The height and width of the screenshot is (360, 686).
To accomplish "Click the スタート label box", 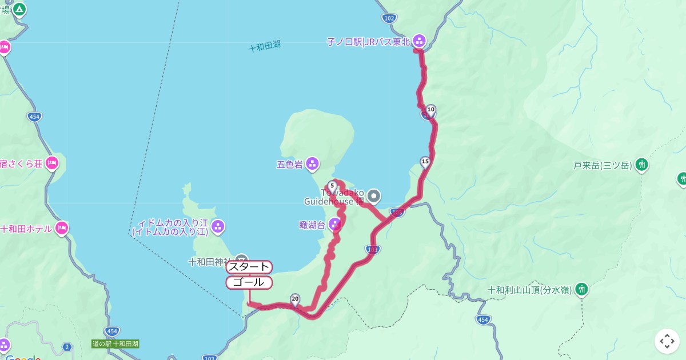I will [249, 267].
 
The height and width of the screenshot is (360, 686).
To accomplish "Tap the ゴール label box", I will [249, 282].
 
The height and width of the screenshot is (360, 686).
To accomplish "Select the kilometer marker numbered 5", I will [332, 186].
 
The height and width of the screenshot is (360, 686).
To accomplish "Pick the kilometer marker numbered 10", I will [431, 110].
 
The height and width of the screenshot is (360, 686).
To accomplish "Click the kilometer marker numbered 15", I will [425, 162].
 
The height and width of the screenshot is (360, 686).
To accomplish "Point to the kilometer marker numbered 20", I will [295, 299].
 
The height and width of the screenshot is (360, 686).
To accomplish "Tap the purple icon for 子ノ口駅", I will [419, 40].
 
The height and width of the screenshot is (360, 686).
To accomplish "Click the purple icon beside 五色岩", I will [312, 165].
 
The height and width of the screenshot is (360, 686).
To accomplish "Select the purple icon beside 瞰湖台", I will [336, 225].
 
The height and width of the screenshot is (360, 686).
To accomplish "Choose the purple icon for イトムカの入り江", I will [218, 227].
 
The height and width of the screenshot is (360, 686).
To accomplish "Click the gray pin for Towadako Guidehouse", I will [374, 197].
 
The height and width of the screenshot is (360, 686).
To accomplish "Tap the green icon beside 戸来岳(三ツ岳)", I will [642, 165].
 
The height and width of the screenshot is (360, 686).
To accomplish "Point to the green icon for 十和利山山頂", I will [582, 289].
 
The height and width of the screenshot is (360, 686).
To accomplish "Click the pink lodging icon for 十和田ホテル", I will [62, 229].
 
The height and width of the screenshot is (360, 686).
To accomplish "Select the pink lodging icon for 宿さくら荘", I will [52, 163].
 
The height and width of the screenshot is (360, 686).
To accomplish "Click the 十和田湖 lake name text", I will [265, 47].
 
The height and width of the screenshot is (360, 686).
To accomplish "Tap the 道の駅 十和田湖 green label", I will [115, 344].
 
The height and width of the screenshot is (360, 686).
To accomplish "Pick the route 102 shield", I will [389, 18].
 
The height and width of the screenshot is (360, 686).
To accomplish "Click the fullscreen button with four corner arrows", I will [667, 341].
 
